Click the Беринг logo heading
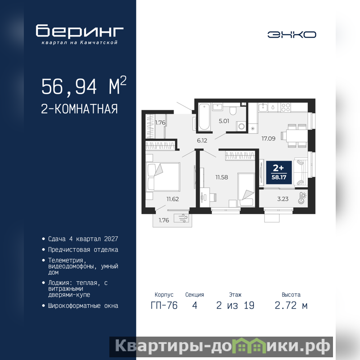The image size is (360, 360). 80,31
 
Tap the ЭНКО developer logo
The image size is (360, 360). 292,35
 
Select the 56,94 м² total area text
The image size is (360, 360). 84,85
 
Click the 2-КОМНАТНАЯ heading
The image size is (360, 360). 79,109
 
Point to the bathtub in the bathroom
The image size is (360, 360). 204,117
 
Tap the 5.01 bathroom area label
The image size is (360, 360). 224,121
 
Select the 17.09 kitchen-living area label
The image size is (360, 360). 268,139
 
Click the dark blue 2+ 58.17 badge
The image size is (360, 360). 279,172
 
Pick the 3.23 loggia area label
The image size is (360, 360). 283,199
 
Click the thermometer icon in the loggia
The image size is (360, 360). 302,198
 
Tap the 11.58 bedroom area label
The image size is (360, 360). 221,177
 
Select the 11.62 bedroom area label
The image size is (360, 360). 172,199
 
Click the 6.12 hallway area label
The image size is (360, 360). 202,140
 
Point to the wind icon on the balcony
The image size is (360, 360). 181,218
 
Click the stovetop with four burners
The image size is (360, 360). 286,107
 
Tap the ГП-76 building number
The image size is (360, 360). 164,306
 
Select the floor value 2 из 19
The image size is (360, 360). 235,306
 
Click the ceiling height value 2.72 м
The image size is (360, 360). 291,306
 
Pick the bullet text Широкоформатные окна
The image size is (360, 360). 83,306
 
